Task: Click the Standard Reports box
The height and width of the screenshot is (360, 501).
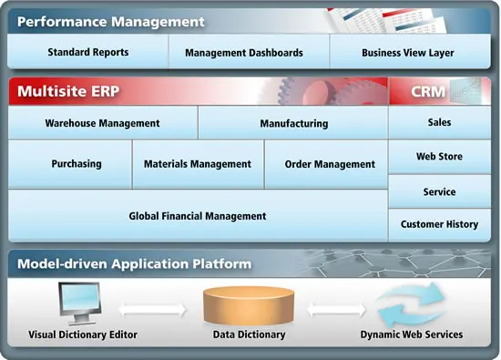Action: (88, 53)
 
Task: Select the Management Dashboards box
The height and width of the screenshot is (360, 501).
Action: (244, 53)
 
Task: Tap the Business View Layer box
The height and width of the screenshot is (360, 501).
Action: (407, 53)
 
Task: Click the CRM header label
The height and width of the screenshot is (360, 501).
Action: (427, 91)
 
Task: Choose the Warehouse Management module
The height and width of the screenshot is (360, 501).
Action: (102, 123)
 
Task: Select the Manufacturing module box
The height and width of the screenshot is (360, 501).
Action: (293, 123)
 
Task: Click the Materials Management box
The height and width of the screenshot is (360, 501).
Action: (198, 164)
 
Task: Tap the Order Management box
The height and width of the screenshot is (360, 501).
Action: (330, 164)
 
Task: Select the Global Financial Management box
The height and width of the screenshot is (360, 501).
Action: (198, 216)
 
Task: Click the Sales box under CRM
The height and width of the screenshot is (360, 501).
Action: (439, 122)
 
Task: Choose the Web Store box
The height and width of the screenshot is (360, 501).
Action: (439, 157)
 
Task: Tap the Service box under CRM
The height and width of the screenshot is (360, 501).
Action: (439, 192)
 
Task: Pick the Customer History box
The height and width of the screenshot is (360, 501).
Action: (439, 224)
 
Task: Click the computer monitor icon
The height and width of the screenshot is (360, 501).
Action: (78, 303)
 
